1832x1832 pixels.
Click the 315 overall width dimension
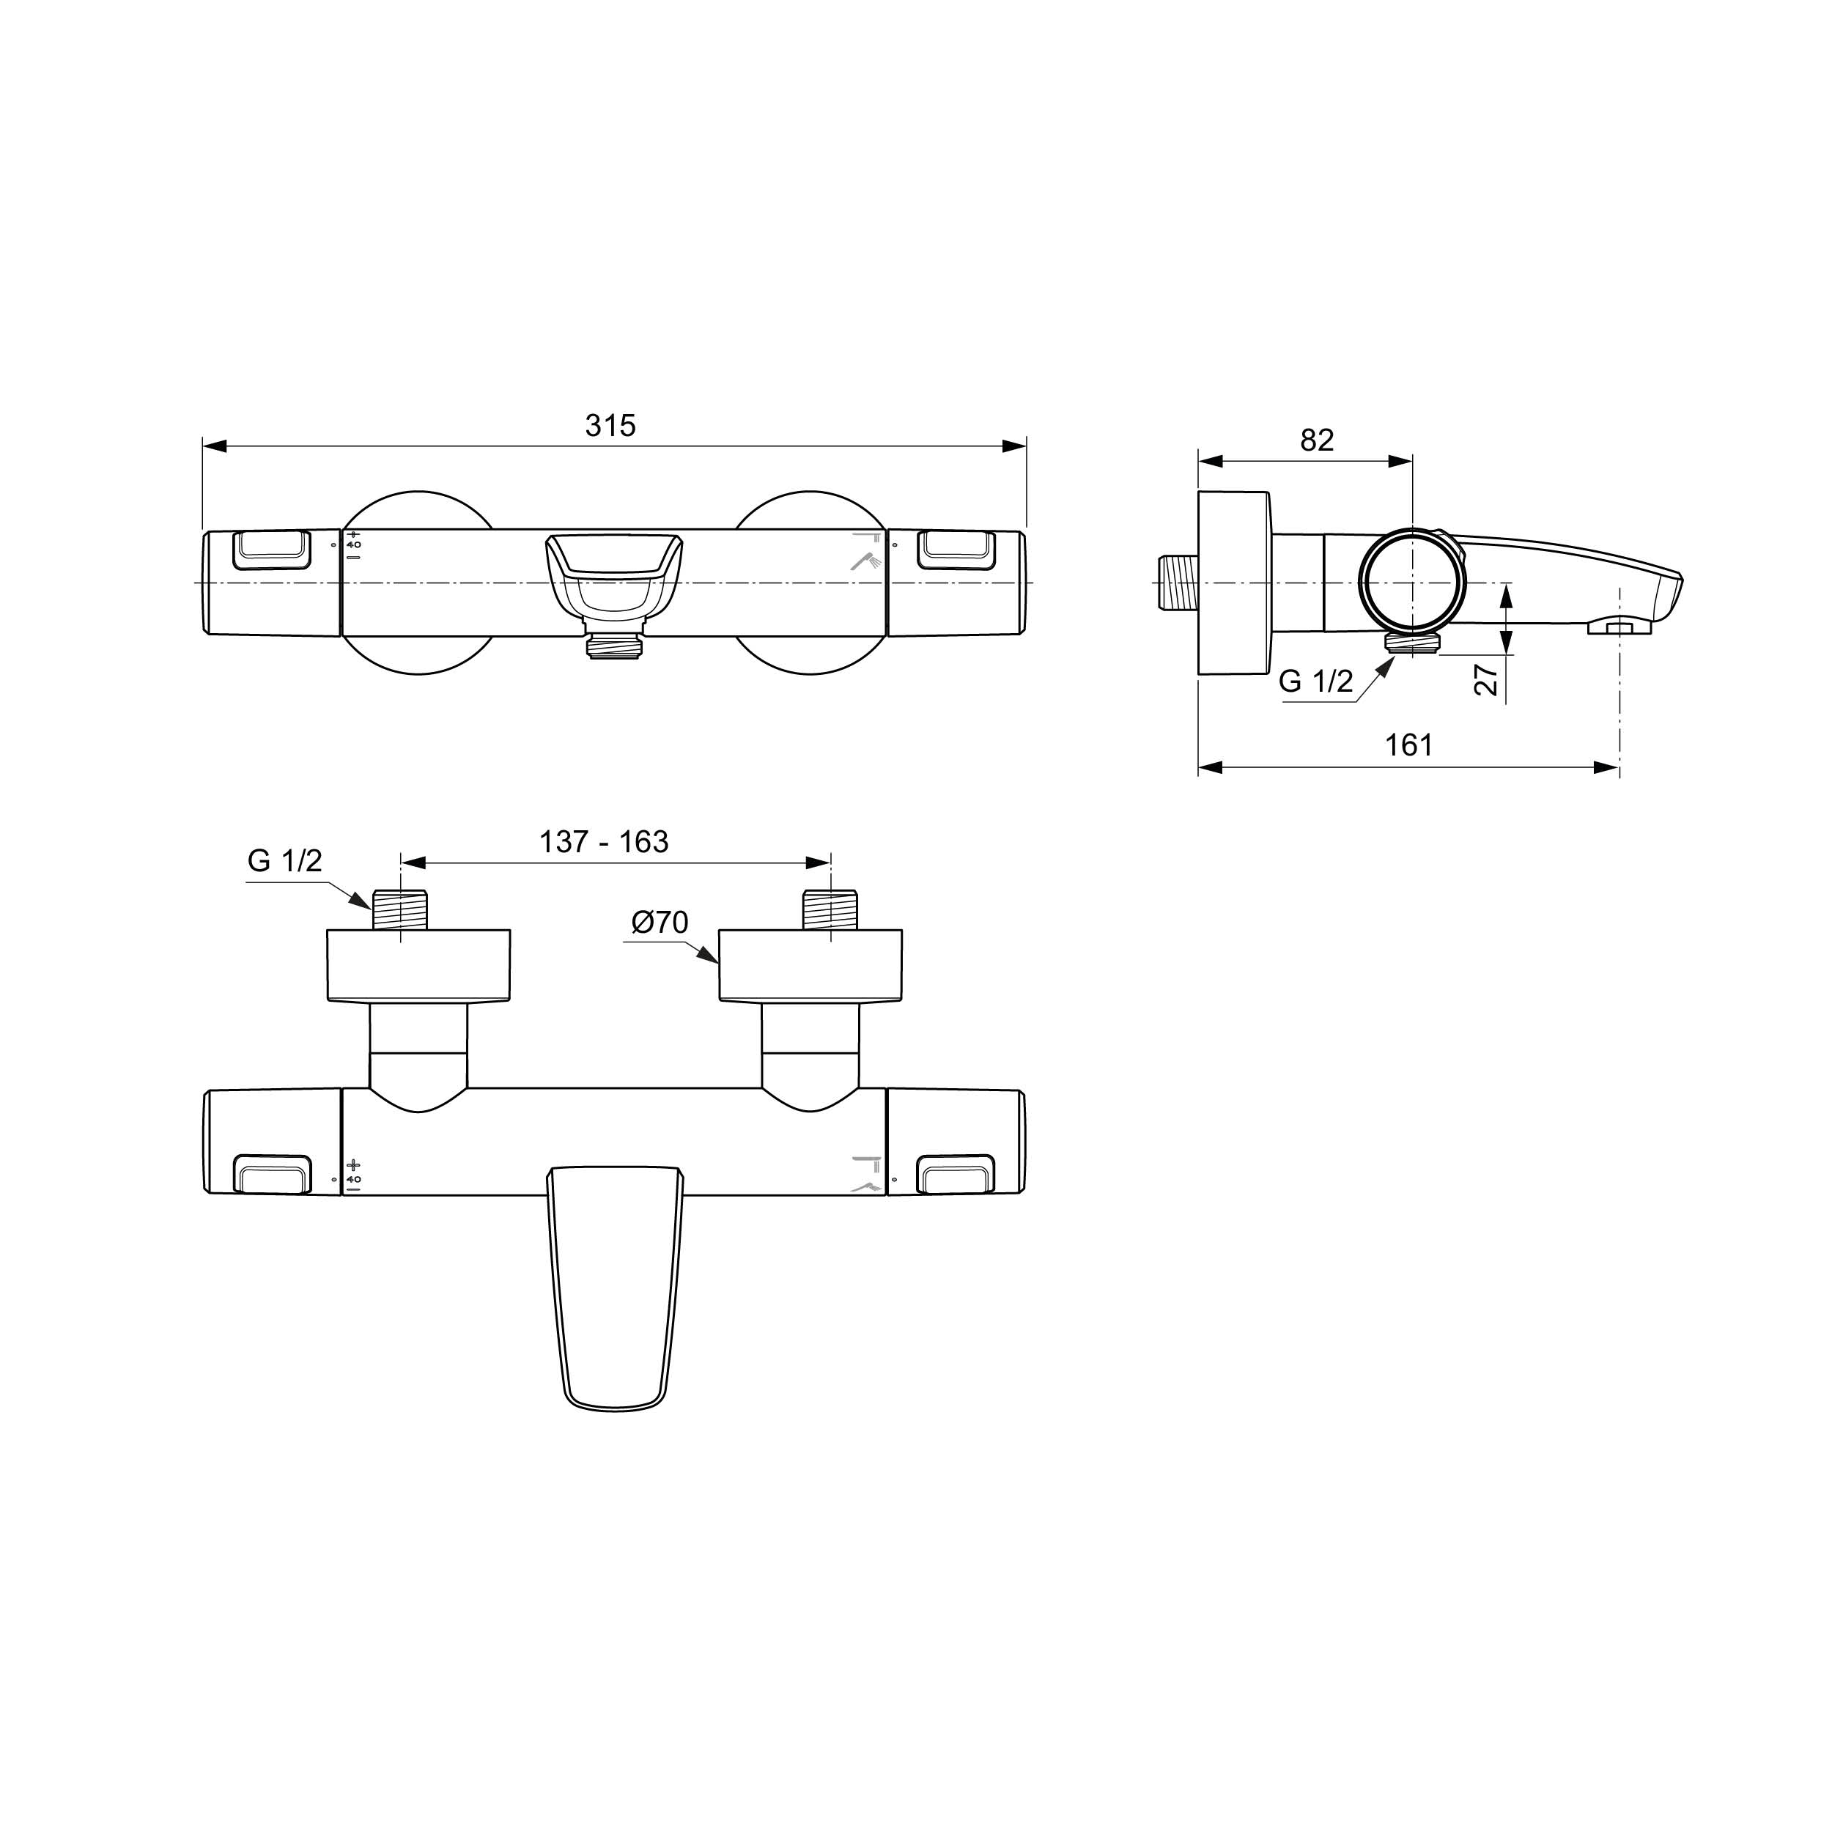(x=610, y=426)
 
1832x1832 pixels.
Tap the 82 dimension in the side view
(x=1316, y=440)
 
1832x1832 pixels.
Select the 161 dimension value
(x=1409, y=745)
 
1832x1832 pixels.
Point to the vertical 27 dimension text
(x=1487, y=679)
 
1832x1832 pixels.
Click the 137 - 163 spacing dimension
(x=604, y=842)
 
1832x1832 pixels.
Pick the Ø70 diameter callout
(x=660, y=922)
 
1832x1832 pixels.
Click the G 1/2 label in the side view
(x=1316, y=681)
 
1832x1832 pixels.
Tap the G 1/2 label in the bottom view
(x=284, y=860)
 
